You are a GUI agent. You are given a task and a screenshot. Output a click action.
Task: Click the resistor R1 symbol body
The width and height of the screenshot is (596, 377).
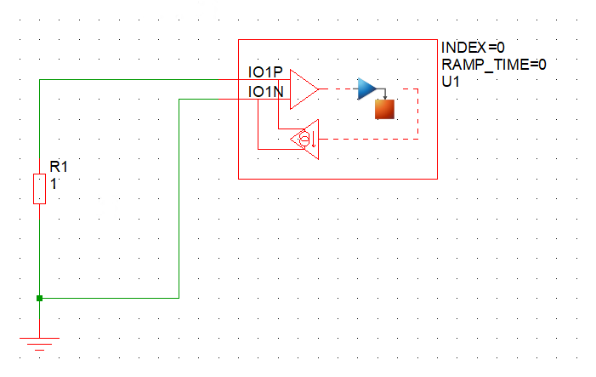[x=39, y=188]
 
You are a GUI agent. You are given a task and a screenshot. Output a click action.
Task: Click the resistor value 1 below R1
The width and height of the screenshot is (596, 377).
[x=54, y=182]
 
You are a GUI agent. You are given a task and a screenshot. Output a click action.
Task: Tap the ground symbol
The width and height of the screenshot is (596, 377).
[x=39, y=340]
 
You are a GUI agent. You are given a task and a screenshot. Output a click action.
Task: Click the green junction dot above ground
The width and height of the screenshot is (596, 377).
[x=39, y=298]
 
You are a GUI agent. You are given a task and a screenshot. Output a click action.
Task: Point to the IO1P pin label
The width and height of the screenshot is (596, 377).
[x=265, y=73]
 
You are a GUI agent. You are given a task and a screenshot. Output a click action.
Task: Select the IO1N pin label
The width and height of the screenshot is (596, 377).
[x=265, y=92]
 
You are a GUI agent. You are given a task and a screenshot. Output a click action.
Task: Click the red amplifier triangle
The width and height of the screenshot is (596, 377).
[x=303, y=89]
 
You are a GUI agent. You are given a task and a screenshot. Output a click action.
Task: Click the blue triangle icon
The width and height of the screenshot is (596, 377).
[x=366, y=89]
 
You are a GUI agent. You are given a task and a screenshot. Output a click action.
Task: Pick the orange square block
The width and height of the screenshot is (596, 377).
[x=386, y=109]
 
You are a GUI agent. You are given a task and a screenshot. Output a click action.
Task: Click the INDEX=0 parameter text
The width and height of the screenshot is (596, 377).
[x=474, y=47]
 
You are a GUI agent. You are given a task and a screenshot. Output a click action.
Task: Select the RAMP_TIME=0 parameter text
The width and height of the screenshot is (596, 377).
[x=493, y=64]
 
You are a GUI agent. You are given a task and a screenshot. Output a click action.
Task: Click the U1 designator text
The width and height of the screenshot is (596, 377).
[x=451, y=81]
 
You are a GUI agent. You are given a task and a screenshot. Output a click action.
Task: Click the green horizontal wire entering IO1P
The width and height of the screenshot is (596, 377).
[x=136, y=79]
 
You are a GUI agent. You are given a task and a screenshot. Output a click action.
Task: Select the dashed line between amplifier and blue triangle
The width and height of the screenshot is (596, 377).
[x=338, y=89]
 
